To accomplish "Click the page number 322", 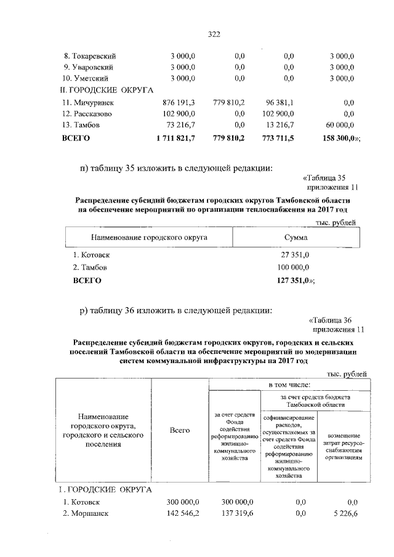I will (214, 34).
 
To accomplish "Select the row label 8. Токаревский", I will (90, 56).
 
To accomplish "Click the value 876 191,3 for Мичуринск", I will (177, 102).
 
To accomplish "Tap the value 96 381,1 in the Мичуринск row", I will (279, 102).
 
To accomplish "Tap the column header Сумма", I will (296, 236).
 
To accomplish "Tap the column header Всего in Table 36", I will (180, 431).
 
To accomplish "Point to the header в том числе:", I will (289, 385).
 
